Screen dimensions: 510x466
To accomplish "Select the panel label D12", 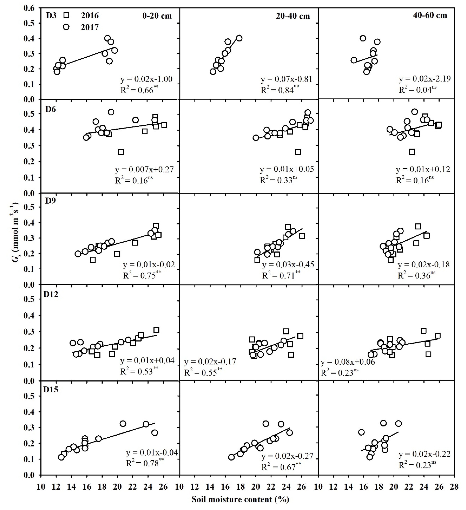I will (51, 294).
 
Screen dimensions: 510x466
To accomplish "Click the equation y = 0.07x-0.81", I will (286, 79).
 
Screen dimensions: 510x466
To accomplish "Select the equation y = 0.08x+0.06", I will (348, 362).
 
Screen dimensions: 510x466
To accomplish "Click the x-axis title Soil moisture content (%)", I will (240, 499).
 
